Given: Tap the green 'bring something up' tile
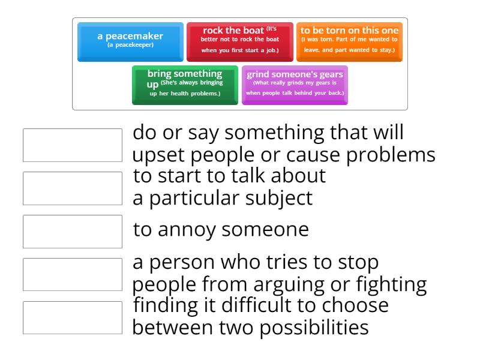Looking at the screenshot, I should (x=185, y=84).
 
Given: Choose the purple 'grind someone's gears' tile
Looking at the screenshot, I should (x=295, y=84).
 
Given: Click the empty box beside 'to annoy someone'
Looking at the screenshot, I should (x=73, y=231).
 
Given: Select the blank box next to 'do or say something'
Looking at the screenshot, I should (x=73, y=145).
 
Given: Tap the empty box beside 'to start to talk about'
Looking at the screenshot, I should (x=73, y=188).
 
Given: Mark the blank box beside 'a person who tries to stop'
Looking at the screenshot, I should (x=73, y=274).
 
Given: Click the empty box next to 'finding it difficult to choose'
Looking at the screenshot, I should (x=73, y=317).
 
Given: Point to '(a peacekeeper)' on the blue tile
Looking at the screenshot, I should (x=130, y=45).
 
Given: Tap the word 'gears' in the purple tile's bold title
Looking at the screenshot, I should (x=331, y=74).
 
